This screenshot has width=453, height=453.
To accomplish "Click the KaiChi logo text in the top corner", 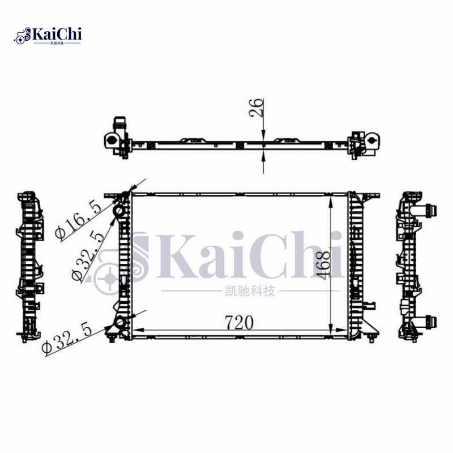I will [x=57, y=33].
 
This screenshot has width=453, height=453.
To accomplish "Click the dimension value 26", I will [x=257, y=108].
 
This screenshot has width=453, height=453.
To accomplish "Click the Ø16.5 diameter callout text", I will [x=79, y=221].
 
